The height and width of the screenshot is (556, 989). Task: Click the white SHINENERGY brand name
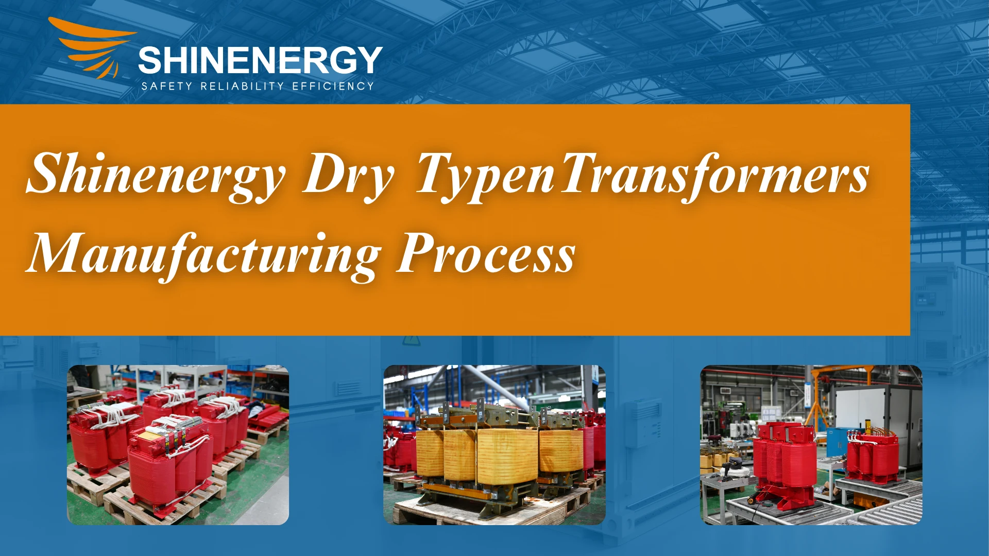point(260,60)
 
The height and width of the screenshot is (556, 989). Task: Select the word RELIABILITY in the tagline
point(242,86)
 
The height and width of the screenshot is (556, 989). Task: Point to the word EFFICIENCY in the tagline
point(333,86)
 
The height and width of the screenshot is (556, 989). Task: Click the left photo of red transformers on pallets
point(178,445)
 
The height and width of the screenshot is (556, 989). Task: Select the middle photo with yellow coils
point(494,445)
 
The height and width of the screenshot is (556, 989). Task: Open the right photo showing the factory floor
point(811,445)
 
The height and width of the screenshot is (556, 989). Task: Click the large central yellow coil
point(507,456)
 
